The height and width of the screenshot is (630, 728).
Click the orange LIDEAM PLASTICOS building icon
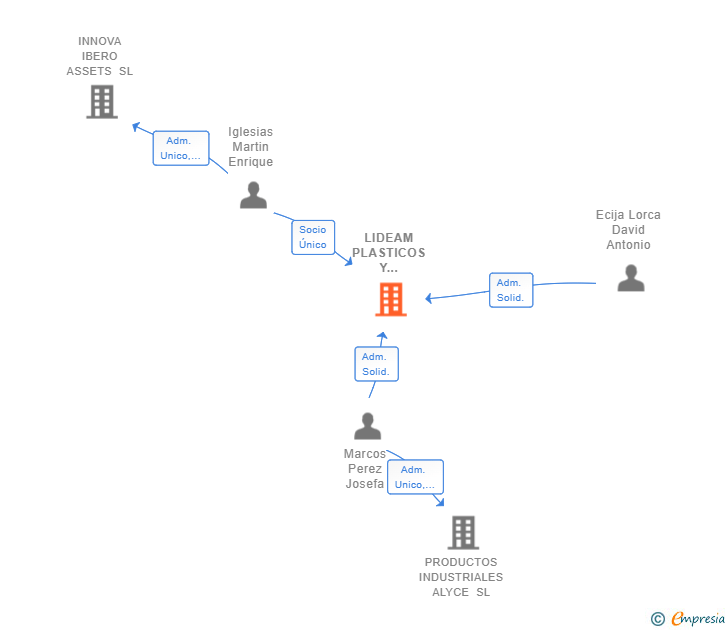pos(391,299)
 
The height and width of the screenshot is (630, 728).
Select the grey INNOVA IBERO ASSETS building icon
pos(101,102)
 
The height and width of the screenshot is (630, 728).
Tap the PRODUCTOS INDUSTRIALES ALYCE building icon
pos(463,533)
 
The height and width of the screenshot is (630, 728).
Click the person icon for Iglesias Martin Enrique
pos(253,195)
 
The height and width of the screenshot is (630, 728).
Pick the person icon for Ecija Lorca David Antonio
pos(630,278)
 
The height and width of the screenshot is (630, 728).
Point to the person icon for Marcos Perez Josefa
pos(367,426)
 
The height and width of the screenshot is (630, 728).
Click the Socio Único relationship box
pos(312,237)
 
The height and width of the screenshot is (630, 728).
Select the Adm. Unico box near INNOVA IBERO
pos(181,148)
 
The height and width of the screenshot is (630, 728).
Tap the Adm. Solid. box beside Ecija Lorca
pos(510,290)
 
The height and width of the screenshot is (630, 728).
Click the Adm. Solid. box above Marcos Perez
pos(376,364)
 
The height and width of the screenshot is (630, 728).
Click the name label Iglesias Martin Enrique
pos(250,147)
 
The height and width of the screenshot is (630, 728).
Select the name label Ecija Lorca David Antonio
pos(628,230)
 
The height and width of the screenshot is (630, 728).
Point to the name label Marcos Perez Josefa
pos(365,469)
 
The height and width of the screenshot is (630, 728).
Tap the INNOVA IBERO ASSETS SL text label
pos(100,56)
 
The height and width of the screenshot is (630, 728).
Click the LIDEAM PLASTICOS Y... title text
pos(388,253)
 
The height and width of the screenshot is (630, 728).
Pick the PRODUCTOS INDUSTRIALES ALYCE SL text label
pos(461,577)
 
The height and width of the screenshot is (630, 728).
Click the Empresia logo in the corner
pos(696,619)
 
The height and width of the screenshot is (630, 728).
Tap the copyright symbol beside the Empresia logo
pos(658,619)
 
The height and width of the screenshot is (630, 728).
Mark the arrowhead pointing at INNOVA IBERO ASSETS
pos(135,126)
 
